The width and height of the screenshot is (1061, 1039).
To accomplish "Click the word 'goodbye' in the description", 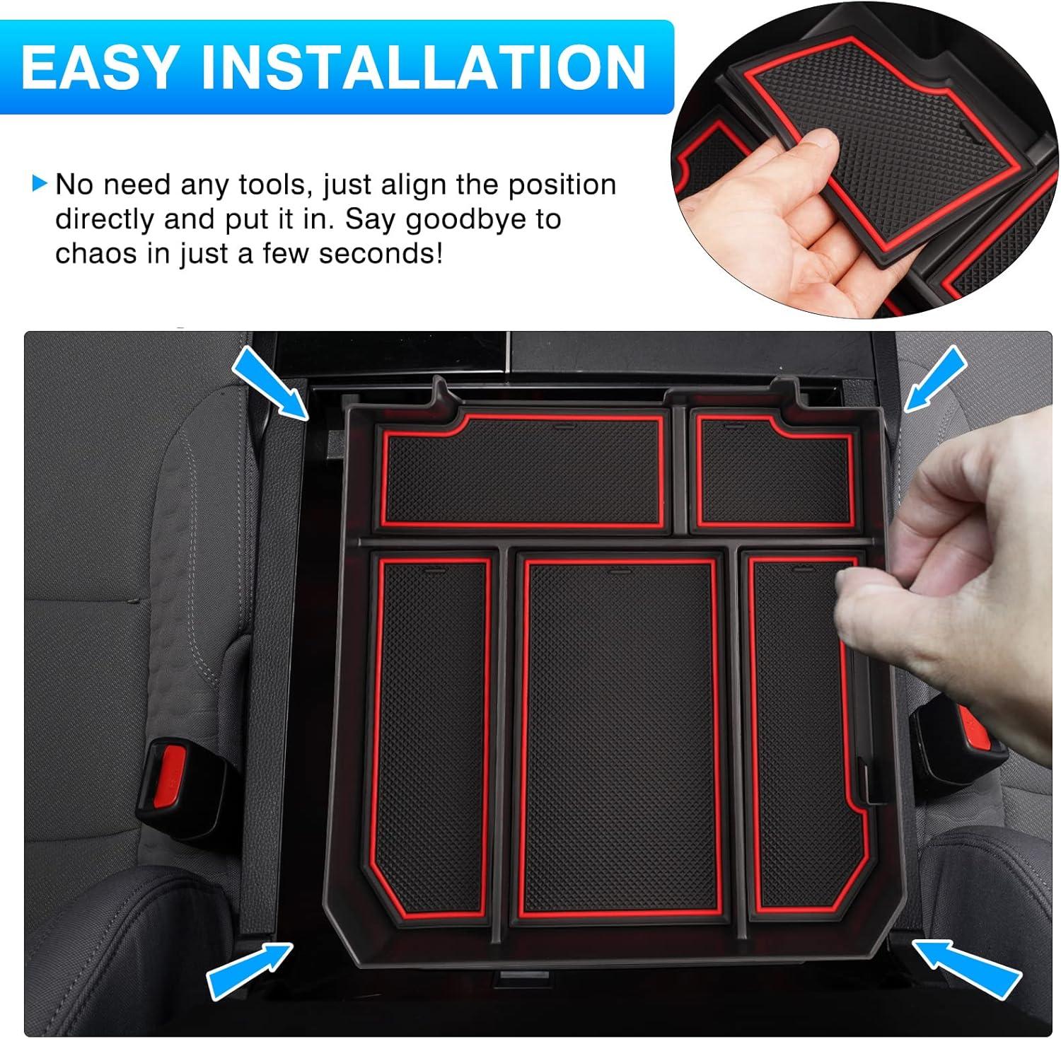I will tap(456, 219).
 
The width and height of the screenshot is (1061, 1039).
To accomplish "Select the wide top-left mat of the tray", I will tap(523, 470).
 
